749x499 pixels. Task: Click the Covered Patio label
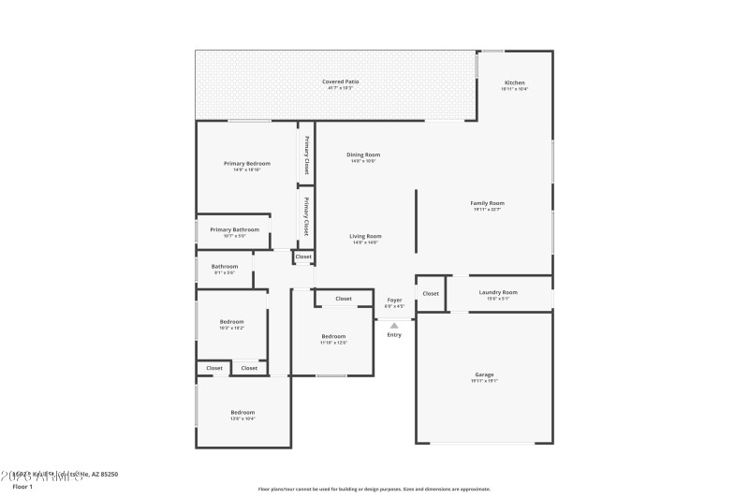(x=341, y=81)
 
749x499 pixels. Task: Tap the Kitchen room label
(x=515, y=82)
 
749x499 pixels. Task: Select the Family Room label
(x=488, y=203)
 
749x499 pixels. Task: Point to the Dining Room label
(x=363, y=154)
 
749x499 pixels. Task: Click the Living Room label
(x=364, y=236)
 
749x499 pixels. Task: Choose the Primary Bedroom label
(x=247, y=164)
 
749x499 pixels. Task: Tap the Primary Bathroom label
(x=234, y=229)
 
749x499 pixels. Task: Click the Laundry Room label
(x=498, y=292)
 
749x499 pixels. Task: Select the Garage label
(x=484, y=374)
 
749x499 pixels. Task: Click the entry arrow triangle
(x=394, y=326)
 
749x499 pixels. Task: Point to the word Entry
(x=394, y=335)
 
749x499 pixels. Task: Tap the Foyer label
(x=394, y=300)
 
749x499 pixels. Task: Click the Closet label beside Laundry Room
(x=431, y=294)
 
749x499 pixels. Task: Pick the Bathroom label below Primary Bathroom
(x=225, y=266)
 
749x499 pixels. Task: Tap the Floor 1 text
(x=22, y=487)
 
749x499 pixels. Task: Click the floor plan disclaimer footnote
(x=374, y=489)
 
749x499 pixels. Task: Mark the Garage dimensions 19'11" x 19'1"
(x=484, y=381)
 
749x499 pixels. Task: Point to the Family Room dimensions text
(x=488, y=210)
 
